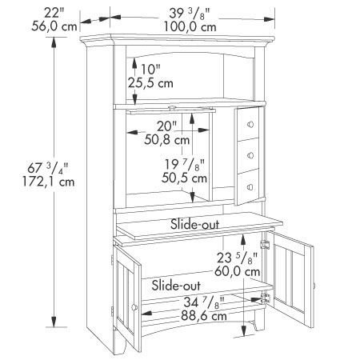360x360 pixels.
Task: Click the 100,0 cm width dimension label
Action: pyautogui.click(x=190, y=27)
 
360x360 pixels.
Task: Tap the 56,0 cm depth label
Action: pyautogui.click(x=54, y=26)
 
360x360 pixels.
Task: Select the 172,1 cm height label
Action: pyautogui.click(x=48, y=182)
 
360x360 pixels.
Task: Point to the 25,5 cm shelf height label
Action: pyautogui.click(x=150, y=83)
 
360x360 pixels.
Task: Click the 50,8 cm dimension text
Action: pyautogui.click(x=167, y=139)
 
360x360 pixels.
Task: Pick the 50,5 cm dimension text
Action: pyautogui.click(x=184, y=178)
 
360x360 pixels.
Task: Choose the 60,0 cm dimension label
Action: pyautogui.click(x=238, y=271)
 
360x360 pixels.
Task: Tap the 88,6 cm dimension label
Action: pyautogui.click(x=204, y=316)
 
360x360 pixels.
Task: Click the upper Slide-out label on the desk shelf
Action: pyautogui.click(x=194, y=224)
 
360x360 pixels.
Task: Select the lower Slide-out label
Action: pyautogui.click(x=176, y=286)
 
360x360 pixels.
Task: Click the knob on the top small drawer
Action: pyautogui.click(x=250, y=124)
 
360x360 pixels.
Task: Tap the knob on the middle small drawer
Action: pyautogui.click(x=250, y=155)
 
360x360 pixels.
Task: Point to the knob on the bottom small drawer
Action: pyautogui.click(x=250, y=187)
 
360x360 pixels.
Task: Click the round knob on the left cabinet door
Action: pyautogui.click(x=134, y=307)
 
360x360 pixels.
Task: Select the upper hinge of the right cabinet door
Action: pyautogui.click(x=265, y=244)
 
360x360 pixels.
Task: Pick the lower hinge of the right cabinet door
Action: pyautogui.click(x=266, y=298)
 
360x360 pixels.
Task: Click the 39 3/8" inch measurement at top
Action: pyautogui.click(x=190, y=14)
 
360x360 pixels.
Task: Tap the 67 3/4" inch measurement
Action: pyautogui.click(x=48, y=168)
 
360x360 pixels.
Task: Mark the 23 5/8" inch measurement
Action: pyautogui.click(x=237, y=258)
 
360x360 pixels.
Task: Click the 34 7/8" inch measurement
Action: pyautogui.click(x=204, y=302)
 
